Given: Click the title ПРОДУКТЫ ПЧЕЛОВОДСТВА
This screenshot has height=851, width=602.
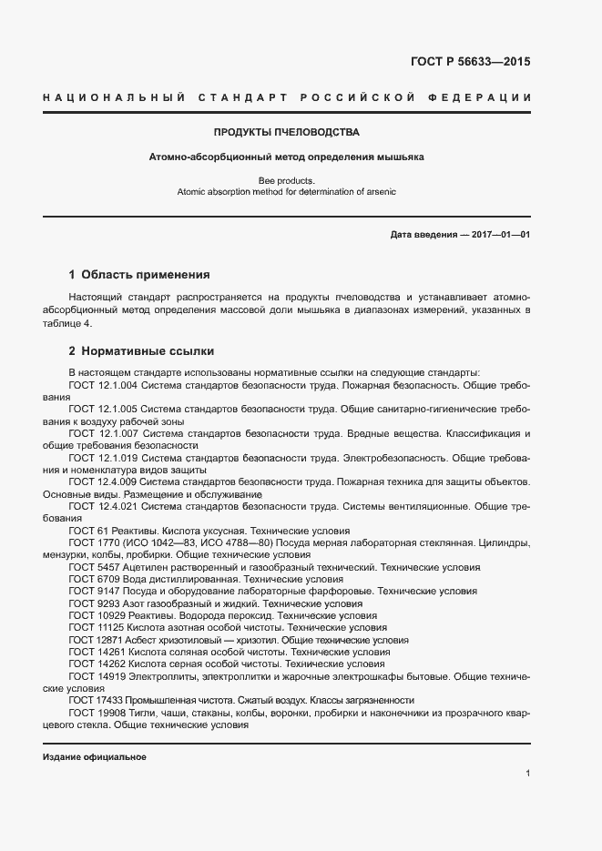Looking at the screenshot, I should point(286,132).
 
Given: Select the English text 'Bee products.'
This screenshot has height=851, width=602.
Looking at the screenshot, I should point(286,180).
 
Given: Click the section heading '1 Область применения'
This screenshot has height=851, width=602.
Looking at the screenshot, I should point(139,274).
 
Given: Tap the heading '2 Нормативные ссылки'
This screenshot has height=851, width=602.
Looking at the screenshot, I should point(141,350).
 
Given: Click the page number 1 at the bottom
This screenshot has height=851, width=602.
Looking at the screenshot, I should point(528,774).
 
